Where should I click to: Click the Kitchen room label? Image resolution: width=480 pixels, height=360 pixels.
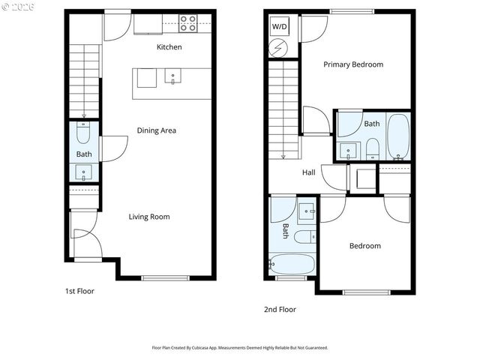click(x=169, y=47)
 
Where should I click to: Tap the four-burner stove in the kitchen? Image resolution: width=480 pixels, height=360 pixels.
click(x=188, y=23)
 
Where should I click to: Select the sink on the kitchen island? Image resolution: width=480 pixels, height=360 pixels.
click(x=172, y=76)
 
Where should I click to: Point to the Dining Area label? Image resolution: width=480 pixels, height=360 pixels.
click(x=156, y=130)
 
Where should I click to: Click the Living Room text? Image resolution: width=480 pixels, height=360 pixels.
click(x=148, y=217)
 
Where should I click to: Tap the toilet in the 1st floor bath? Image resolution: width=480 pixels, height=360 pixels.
click(x=83, y=133)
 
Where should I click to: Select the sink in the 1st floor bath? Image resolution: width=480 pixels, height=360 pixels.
click(x=83, y=172)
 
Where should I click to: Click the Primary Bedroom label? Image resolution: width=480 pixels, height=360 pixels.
click(x=352, y=64)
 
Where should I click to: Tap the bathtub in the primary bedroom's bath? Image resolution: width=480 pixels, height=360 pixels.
click(x=398, y=137)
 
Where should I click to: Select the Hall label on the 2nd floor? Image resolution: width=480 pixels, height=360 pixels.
click(x=308, y=172)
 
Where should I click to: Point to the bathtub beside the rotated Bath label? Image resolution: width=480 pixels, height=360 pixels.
click(x=293, y=265)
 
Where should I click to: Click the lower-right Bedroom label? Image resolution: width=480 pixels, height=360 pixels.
click(x=364, y=246)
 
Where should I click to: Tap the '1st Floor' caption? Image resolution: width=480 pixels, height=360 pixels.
click(x=79, y=291)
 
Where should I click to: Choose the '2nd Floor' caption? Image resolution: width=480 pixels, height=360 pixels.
click(x=280, y=309)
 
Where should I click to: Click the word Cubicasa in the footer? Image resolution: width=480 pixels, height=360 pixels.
click(x=211, y=348)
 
